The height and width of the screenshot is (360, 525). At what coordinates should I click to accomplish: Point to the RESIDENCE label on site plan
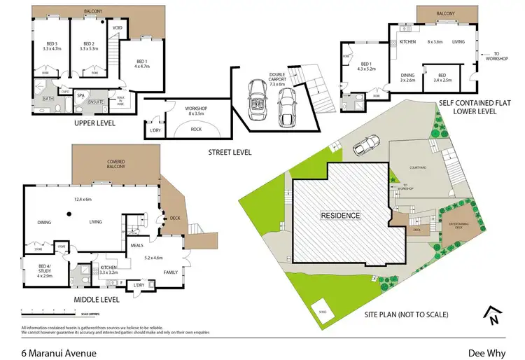point(341,216)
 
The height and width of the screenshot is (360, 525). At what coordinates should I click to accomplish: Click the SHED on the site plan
point(323,312)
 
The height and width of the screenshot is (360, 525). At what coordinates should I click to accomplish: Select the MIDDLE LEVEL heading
point(97,300)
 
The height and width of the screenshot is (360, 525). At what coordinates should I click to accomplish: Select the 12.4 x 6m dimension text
point(83,199)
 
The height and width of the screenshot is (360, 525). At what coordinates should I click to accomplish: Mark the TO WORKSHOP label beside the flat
point(503,56)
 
